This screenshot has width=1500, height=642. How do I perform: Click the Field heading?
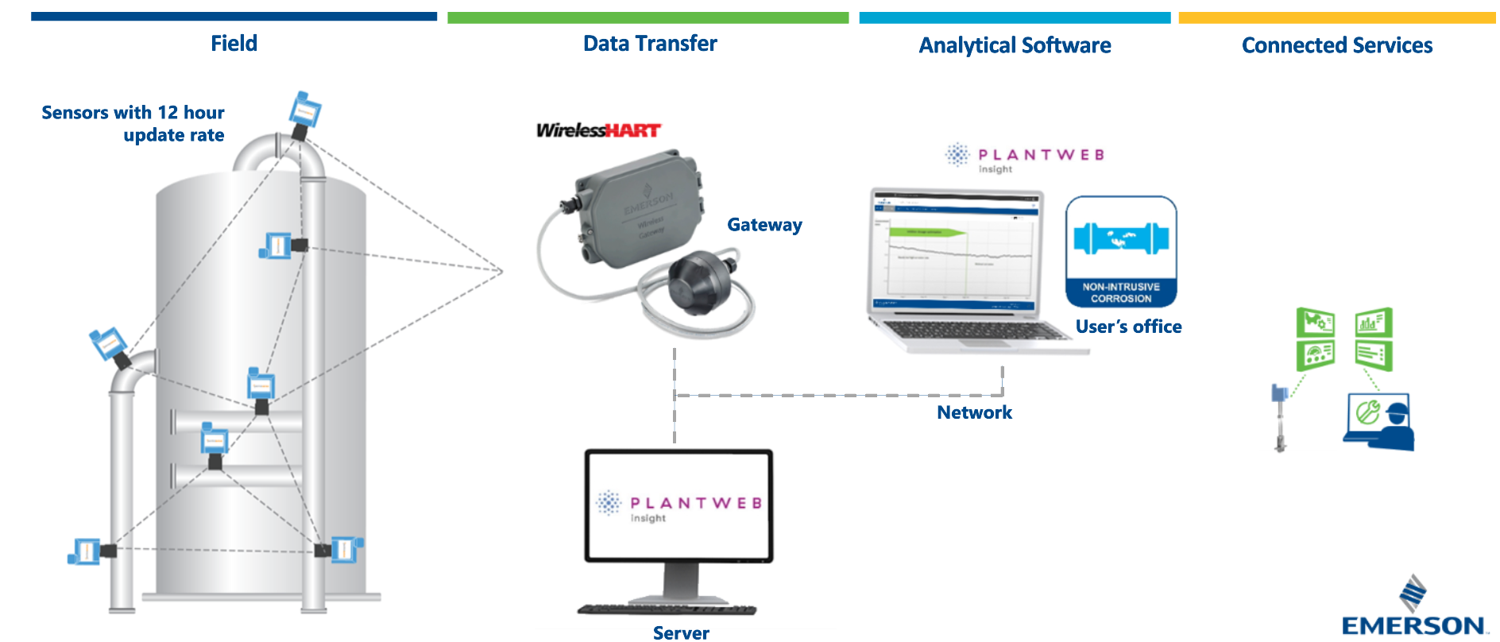point(234,44)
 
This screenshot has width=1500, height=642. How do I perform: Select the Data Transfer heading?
point(650,44)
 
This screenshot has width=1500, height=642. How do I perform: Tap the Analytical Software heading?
point(1015,45)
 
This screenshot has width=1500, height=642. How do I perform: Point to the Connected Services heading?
point(1337,45)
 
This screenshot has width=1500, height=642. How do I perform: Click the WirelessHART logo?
point(598,130)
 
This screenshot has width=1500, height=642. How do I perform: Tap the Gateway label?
point(764,225)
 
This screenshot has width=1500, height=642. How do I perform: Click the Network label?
point(974,412)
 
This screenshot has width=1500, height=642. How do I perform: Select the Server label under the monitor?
point(681,632)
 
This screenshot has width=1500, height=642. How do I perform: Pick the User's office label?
point(1128,327)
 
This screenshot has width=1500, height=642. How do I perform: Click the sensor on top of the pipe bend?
point(304,111)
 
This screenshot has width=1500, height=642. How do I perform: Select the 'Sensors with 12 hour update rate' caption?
point(133,124)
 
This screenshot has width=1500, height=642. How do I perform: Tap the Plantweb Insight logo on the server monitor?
point(679,506)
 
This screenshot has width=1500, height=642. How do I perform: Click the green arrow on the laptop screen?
point(926,233)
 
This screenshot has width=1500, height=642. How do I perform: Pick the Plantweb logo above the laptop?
point(1025,157)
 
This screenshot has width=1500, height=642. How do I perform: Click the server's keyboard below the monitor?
point(667,610)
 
